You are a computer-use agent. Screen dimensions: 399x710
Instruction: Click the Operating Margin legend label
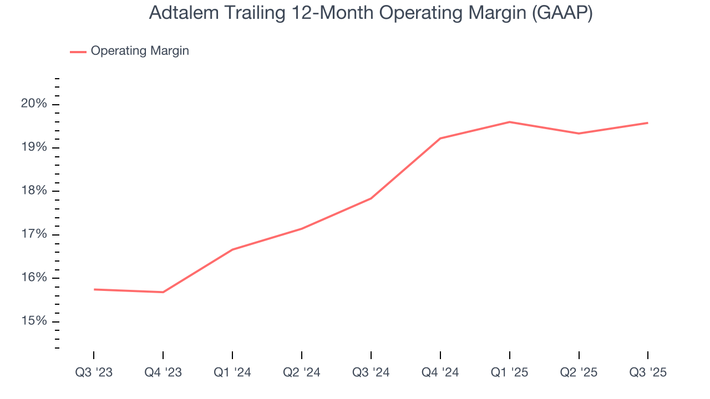tap(140, 51)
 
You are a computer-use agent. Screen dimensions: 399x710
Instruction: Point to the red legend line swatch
tap(78, 52)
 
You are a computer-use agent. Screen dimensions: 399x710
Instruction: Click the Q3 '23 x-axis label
tap(94, 373)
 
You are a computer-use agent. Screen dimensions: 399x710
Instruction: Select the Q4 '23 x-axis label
tap(163, 373)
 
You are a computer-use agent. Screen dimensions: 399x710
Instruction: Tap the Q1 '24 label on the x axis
tap(232, 373)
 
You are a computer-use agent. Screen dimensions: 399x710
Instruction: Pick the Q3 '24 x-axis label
tap(371, 373)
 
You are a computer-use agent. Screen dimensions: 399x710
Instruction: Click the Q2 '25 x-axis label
tap(579, 373)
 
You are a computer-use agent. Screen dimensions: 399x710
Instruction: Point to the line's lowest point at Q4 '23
tap(163, 292)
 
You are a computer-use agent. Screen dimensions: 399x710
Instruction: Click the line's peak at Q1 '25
tap(510, 122)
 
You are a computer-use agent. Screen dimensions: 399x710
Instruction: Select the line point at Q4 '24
tap(440, 138)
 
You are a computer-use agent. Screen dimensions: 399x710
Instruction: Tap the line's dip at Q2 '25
tap(579, 133)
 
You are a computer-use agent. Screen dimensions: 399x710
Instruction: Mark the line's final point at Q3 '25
tap(648, 123)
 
